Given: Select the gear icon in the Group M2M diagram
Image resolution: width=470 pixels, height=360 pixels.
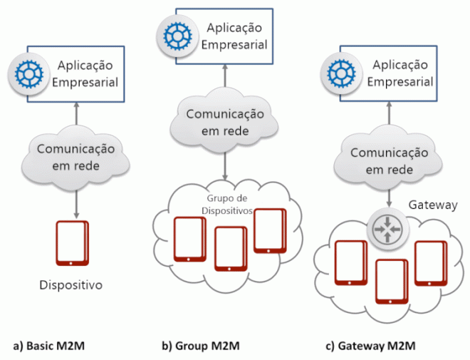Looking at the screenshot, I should pyautogui.click(x=174, y=35).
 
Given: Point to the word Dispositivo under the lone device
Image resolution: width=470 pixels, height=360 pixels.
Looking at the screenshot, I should pyautogui.click(x=71, y=286).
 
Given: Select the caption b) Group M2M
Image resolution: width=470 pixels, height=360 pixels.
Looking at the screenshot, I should pyautogui.click(x=200, y=346).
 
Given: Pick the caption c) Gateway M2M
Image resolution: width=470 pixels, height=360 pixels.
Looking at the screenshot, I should pyautogui.click(x=370, y=346).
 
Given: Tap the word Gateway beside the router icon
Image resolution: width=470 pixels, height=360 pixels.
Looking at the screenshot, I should pyautogui.click(x=432, y=205).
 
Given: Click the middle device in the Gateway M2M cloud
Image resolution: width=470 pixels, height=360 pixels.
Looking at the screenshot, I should pyautogui.click(x=391, y=281).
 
